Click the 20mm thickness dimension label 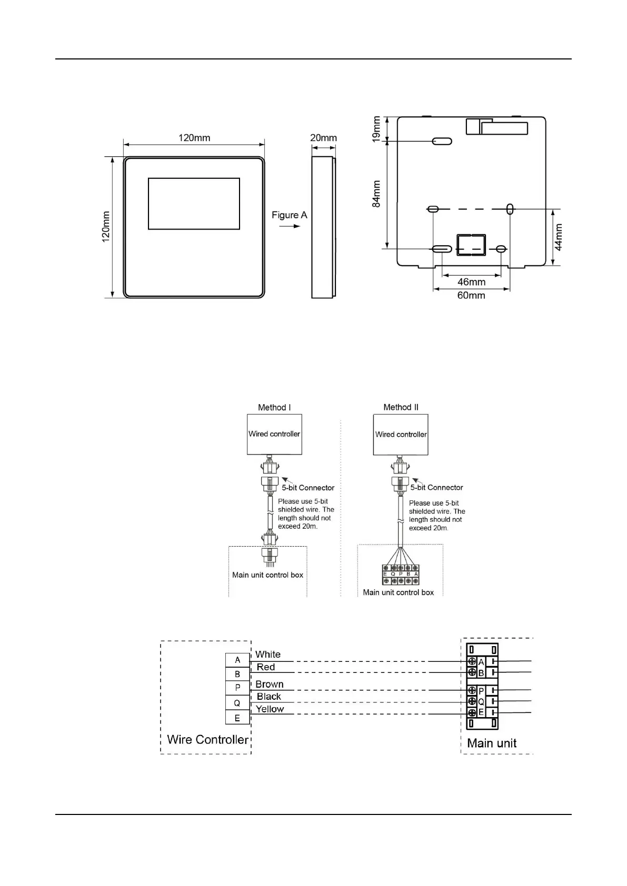pos(323,138)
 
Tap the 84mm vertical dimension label pos(376,194)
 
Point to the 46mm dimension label pos(471,282)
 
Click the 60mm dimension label pos(471,295)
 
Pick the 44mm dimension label pos(559,237)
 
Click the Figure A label pos(289,215)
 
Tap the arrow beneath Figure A pos(289,226)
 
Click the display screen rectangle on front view pos(194,204)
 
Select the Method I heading pos(274,407)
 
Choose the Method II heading pos(401,407)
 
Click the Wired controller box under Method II pos(401,434)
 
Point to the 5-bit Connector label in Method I pos(308,488)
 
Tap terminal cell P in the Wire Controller pos(237,688)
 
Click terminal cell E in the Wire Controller pos(237,718)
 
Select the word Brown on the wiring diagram pos(270,684)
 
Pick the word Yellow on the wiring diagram pos(270,709)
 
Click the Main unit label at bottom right pos(492,743)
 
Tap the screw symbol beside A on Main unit pos(472,661)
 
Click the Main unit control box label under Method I pos(268,575)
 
